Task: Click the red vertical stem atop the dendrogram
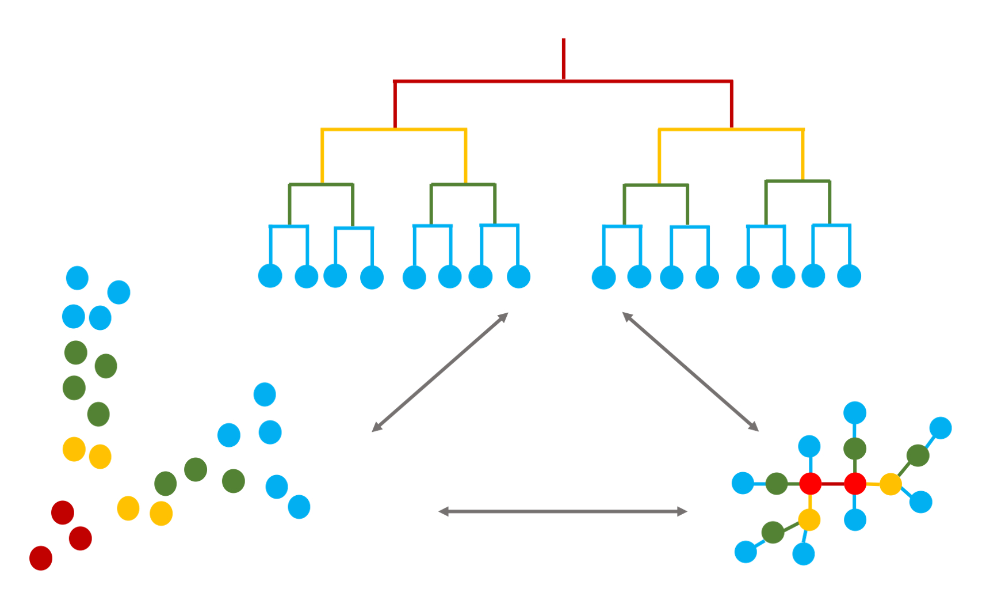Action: (x=564, y=58)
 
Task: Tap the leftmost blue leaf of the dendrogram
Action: (x=270, y=276)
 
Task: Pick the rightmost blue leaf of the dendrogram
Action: (x=849, y=276)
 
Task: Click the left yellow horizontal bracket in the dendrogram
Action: (x=394, y=130)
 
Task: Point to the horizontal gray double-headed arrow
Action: (x=563, y=511)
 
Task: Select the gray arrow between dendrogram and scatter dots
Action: (x=440, y=372)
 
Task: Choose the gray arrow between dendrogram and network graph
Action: (x=690, y=371)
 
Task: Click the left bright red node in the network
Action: (x=810, y=484)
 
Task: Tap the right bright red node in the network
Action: (x=855, y=484)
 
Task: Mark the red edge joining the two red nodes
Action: (x=832, y=484)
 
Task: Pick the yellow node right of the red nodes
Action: (x=891, y=484)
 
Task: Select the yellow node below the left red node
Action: (x=809, y=519)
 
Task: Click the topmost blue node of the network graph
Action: (x=855, y=413)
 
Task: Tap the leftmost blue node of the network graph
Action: (x=743, y=483)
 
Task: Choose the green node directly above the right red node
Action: (x=855, y=449)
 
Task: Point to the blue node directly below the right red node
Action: (x=855, y=519)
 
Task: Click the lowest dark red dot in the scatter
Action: (x=41, y=558)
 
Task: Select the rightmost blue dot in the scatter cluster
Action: (x=299, y=507)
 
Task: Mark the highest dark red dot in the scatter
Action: (x=63, y=512)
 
